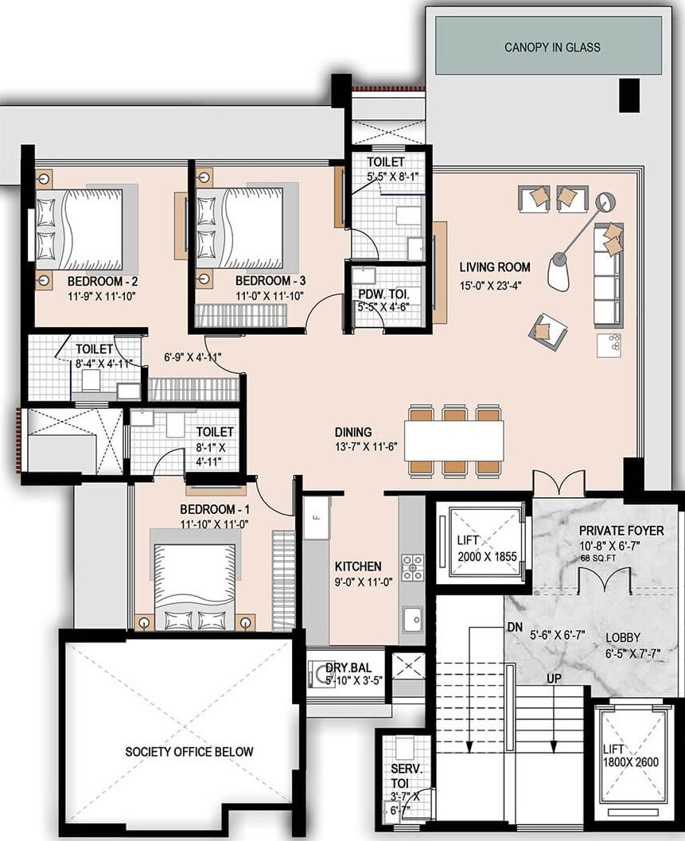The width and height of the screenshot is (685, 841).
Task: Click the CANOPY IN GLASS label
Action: pos(552,48)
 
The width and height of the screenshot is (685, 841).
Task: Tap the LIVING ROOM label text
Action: pos(495,267)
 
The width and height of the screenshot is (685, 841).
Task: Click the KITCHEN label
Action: pos(358,567)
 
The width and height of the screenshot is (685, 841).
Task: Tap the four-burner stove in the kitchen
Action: pos(412,567)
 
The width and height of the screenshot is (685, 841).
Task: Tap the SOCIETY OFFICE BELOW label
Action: pos(189,751)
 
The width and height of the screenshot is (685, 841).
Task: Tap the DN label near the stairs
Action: pos(515,626)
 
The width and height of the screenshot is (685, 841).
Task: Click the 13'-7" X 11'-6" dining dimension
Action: pos(365,447)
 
